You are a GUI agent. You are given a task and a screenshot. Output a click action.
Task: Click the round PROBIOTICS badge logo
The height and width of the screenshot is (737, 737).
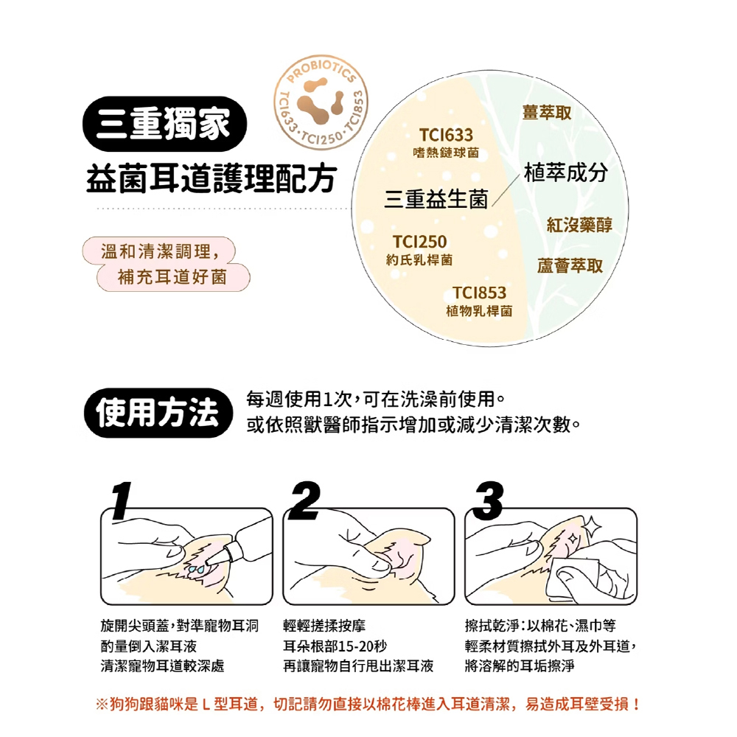tap(321, 102)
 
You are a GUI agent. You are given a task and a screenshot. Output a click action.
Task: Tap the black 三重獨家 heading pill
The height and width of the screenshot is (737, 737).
tap(164, 124)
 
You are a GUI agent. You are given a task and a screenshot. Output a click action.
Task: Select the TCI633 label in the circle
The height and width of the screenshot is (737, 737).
tap(446, 136)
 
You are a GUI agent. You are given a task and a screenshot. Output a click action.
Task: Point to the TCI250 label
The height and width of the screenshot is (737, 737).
tap(420, 242)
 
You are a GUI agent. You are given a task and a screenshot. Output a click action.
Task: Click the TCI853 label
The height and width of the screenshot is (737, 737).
tap(480, 293)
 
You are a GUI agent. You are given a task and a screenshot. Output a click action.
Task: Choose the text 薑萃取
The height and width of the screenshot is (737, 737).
tap(547, 112)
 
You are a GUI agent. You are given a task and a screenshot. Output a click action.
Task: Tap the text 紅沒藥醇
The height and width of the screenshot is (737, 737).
tap(579, 225)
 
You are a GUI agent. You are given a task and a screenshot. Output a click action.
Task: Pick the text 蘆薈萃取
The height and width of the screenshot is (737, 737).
tap(570, 266)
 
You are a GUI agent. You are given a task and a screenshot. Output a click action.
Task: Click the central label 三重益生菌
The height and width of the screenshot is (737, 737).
tap(436, 199)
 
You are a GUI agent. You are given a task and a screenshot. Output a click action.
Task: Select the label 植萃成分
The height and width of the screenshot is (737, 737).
tap(566, 172)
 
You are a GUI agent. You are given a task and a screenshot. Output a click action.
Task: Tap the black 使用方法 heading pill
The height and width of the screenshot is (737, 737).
tap(158, 413)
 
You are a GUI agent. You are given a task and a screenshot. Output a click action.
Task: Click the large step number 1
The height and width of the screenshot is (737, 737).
tap(122, 500)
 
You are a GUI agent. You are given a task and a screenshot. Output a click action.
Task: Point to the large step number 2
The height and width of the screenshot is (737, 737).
tap(304, 500)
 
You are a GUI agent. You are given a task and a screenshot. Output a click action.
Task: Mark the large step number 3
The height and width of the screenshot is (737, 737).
tap(489, 500)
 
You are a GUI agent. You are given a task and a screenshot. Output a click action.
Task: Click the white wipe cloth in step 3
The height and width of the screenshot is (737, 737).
tap(573, 581)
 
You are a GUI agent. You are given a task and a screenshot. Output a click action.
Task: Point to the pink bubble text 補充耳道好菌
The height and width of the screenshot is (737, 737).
tap(172, 277)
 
